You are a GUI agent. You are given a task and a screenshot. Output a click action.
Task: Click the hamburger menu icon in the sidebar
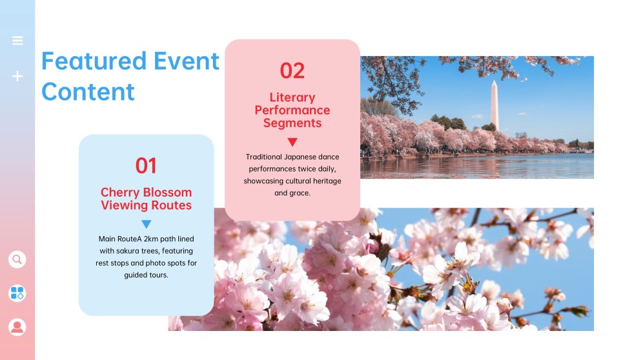tap(17, 41)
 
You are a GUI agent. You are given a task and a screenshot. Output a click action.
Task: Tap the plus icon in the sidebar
tap(17, 76)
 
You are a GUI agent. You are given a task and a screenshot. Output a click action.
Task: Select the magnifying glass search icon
tap(17, 259)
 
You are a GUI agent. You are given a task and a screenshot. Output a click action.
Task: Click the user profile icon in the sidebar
tap(17, 326)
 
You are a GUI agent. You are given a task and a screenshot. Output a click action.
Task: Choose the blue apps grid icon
tap(17, 294)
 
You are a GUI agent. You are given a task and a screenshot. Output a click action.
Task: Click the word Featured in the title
tap(85, 61)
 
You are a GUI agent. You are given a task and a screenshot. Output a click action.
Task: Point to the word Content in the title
tap(88, 92)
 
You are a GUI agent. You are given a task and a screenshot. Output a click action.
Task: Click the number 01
tap(146, 166)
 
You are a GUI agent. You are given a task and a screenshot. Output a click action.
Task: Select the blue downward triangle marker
tap(146, 225)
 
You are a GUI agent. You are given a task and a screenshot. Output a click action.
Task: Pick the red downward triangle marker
tap(292, 142)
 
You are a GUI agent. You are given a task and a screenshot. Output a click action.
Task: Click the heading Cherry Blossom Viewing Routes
tap(146, 199)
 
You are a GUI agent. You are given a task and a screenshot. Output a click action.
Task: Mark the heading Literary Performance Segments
tap(292, 110)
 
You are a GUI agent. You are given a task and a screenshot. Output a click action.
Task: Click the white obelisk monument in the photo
tap(494, 105)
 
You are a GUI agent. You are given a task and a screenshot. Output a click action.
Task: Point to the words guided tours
tap(146, 275)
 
